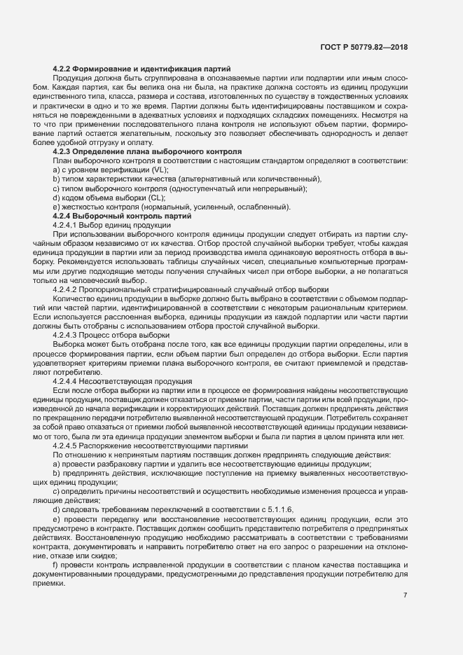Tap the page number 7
click(405, 595)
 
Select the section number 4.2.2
click(64, 68)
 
